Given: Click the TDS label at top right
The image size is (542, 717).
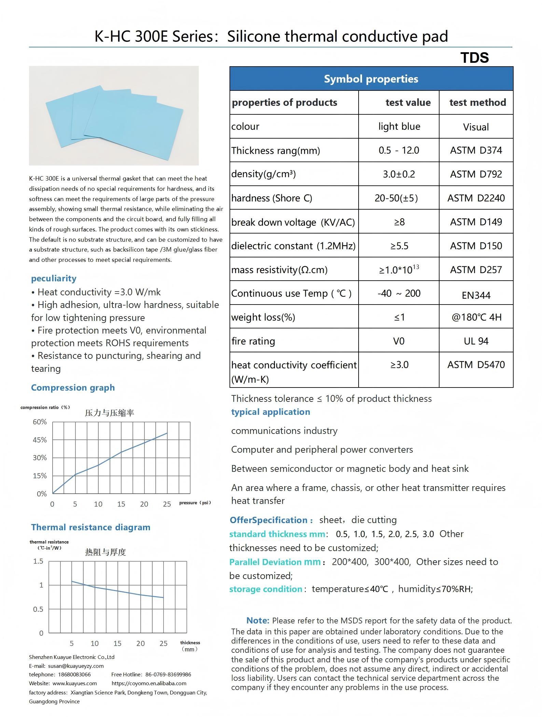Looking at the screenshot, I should tap(474, 58).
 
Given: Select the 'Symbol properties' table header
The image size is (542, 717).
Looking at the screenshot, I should tap(371, 79).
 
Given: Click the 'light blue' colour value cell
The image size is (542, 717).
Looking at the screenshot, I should tap(399, 126).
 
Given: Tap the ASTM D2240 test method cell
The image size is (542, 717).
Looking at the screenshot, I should tap(476, 198).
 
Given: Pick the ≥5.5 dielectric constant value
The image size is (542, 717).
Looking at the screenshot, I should tap(399, 246).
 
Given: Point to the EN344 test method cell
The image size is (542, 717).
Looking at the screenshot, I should tap(476, 295).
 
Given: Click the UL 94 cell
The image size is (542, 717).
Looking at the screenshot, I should tap(476, 341).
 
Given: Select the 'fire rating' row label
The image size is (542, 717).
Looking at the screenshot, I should tap(253, 341).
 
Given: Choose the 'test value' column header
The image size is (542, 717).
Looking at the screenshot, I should tap(408, 102).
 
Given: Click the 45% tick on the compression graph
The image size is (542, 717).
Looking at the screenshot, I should tap(40, 440).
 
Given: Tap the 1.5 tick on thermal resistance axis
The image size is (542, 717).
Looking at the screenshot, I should tap(38, 561).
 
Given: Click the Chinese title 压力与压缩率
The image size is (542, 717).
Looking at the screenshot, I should tap(109, 413).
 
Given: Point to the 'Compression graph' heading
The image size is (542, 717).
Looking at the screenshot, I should tap(73, 388).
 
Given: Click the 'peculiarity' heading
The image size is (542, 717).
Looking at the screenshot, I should tap(54, 278).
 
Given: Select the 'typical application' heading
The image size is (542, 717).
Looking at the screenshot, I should tap(270, 412).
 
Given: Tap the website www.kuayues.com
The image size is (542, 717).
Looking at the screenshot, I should tap(74, 683).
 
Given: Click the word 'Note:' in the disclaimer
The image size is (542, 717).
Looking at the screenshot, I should tap(258, 620).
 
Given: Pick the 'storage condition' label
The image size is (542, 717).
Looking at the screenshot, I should tap(266, 589).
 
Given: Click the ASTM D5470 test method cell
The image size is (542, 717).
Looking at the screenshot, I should tap(476, 365).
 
